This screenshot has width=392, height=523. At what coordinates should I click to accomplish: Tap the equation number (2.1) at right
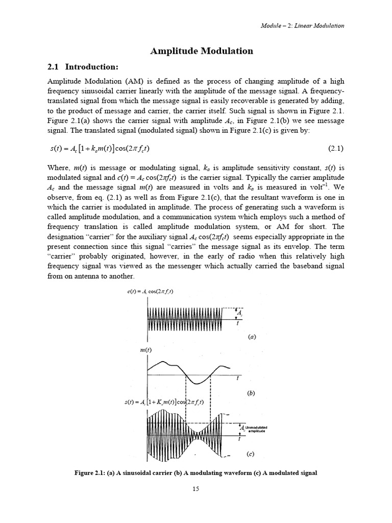click(x=335, y=149)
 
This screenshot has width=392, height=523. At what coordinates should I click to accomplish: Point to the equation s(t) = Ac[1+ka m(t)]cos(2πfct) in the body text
click(x=98, y=149)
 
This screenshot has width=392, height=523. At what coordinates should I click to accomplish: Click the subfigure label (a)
click(x=251, y=337)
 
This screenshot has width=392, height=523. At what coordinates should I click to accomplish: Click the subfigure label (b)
click(x=251, y=393)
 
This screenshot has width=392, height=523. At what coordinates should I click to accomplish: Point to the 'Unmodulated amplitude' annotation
click(x=257, y=429)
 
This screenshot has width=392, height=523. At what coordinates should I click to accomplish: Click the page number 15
click(x=195, y=489)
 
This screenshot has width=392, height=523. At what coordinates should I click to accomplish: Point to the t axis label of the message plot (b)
click(x=238, y=379)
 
